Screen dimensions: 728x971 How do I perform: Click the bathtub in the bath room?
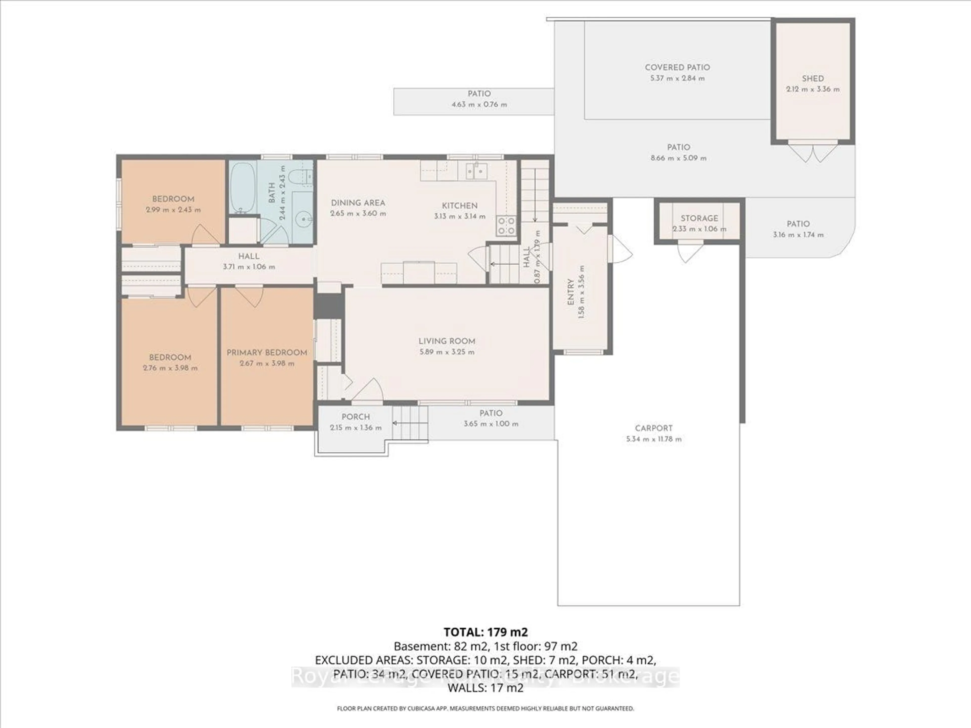pyautogui.click(x=242, y=187)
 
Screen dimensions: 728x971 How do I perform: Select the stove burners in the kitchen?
pyautogui.click(x=506, y=226)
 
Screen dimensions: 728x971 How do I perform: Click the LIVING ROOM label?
pyautogui.click(x=446, y=341)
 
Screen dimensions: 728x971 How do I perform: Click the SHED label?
pyautogui.click(x=812, y=79)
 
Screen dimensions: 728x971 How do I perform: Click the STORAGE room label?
pyautogui.click(x=699, y=218)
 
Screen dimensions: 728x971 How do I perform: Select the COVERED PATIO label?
pyautogui.click(x=677, y=67)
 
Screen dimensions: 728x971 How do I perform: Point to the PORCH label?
pyautogui.click(x=356, y=416)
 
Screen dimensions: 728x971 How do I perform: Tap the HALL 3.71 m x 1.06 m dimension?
pyautogui.click(x=249, y=267)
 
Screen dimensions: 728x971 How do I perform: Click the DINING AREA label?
pyautogui.click(x=358, y=203)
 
